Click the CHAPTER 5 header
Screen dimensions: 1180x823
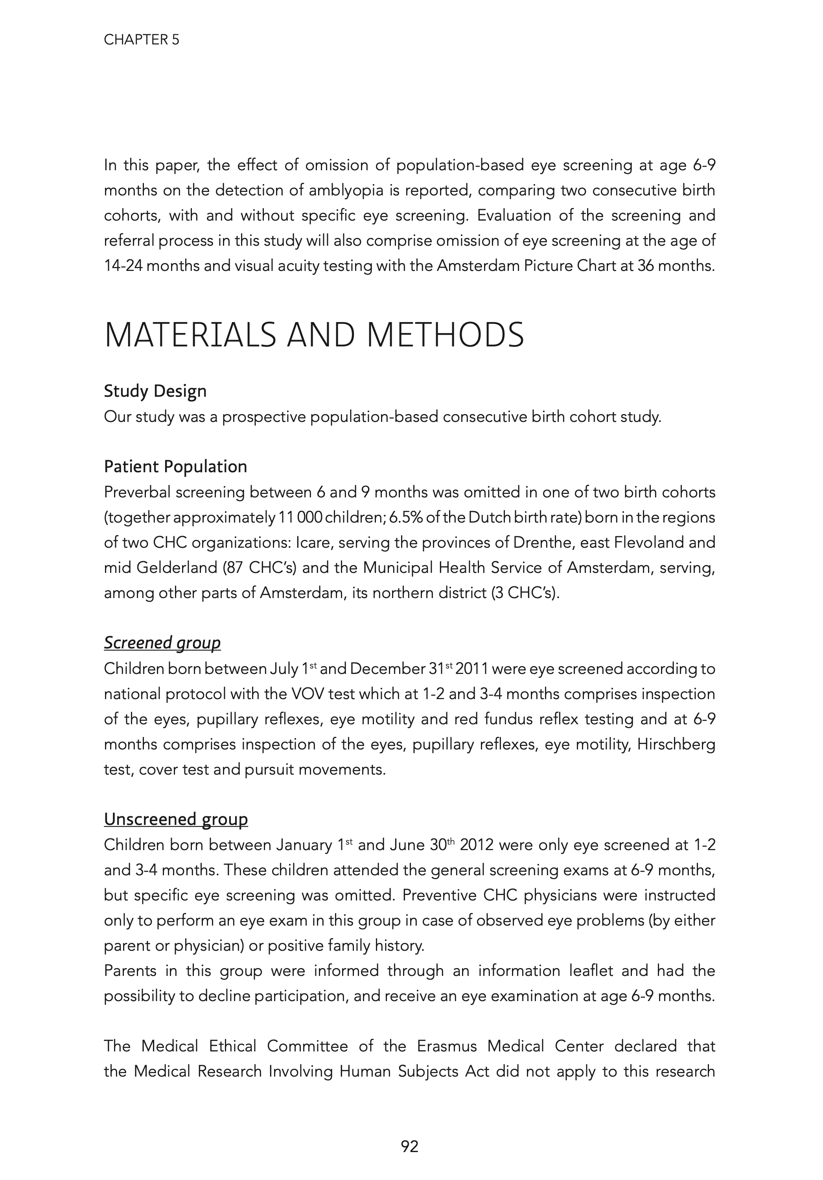[x=142, y=40]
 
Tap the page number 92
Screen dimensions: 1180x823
[x=410, y=1146]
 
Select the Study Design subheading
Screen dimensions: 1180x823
[x=155, y=391]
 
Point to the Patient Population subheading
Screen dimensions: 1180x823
[x=175, y=467]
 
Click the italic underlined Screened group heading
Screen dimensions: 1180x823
[x=162, y=643]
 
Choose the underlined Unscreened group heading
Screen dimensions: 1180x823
[x=176, y=819]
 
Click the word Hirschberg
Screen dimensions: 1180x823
[x=676, y=745]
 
